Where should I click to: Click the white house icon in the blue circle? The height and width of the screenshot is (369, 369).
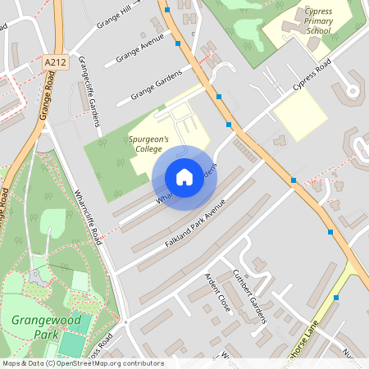tap(184, 176)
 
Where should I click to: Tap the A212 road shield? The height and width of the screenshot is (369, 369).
tap(56, 61)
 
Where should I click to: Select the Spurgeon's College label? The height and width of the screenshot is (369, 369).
tap(148, 144)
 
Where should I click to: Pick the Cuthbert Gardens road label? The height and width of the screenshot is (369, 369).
tap(250, 296)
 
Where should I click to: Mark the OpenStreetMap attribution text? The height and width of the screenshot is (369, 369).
tap(83, 363)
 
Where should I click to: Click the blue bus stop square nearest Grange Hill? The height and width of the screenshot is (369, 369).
tap(167, 11)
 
